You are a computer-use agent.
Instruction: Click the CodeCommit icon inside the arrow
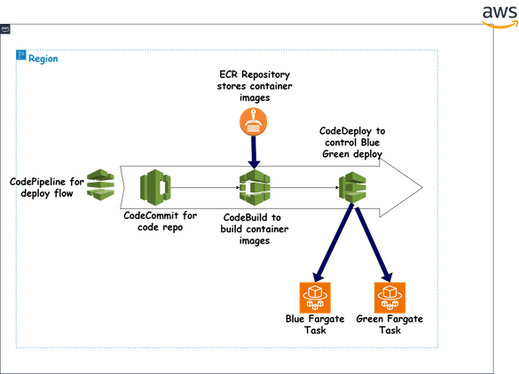click(155, 187)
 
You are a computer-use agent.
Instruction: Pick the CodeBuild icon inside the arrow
click(253, 188)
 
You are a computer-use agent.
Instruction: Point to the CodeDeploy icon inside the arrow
click(352, 188)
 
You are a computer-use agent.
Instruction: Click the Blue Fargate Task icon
click(314, 294)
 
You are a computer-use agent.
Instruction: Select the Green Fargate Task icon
click(388, 294)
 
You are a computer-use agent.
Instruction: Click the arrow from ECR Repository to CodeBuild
click(253, 153)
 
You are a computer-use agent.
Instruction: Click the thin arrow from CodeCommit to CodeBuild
click(204, 188)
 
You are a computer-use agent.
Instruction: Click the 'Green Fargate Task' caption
click(389, 323)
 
